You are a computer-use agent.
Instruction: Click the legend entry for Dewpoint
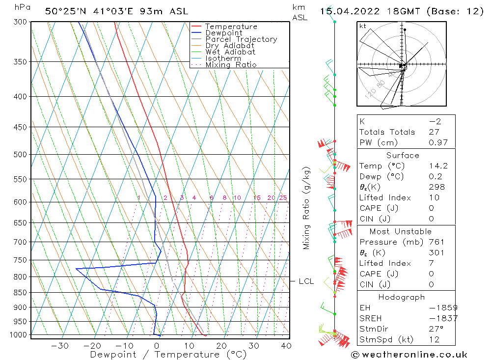223,33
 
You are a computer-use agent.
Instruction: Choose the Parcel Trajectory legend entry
241,39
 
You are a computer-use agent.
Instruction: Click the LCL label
306,281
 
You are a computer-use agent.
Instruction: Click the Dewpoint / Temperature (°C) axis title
168,355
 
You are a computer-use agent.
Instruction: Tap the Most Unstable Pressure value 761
436,242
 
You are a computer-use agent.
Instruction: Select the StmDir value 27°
436,329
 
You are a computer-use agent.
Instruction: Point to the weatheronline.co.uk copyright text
409,355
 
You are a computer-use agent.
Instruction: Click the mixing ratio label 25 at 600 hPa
283,198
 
